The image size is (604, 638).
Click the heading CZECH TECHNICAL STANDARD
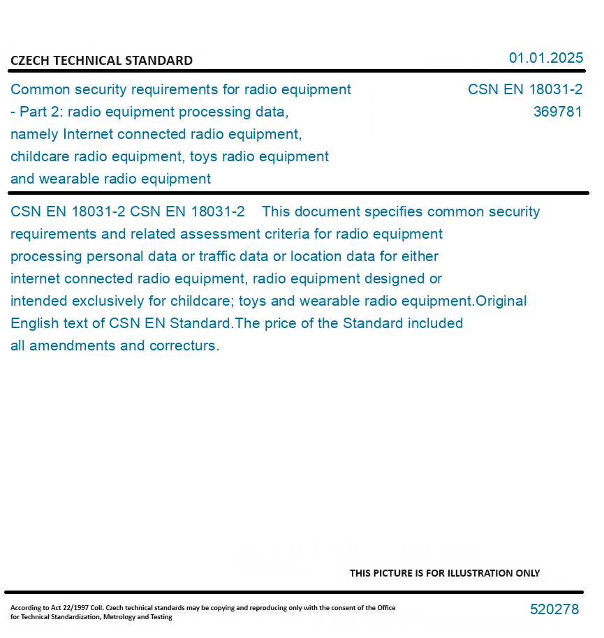[101, 61]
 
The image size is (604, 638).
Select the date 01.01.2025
[545, 58]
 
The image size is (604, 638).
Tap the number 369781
[557, 112]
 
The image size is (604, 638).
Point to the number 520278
[554, 609]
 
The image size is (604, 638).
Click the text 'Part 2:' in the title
[41, 112]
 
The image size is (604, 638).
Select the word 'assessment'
[224, 234]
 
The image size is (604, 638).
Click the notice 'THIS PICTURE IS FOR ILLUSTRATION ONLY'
[444, 573]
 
